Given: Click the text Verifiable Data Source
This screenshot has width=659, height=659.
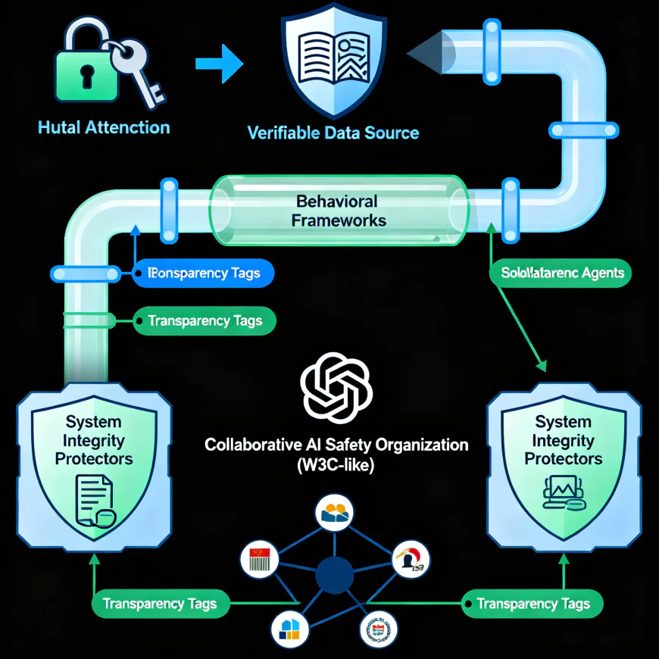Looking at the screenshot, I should click(333, 133).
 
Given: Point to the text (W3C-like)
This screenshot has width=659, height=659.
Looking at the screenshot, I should click(336, 464).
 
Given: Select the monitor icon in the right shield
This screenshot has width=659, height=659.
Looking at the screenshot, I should click(564, 495).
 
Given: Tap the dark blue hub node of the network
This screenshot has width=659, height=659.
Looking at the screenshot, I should click(334, 574).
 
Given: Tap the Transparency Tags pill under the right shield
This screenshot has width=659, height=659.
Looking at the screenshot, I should click(533, 604).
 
